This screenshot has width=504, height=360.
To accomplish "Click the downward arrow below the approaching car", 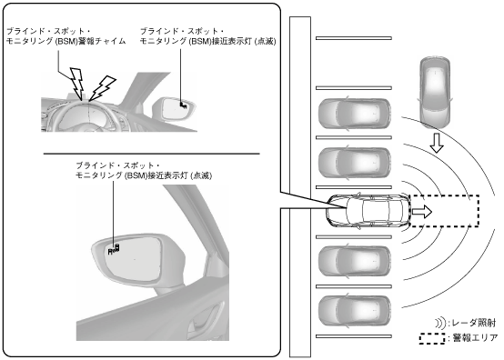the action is click(437, 143).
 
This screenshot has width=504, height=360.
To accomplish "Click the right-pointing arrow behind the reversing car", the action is click(422, 212).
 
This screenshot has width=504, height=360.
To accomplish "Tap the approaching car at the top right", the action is click(435, 93).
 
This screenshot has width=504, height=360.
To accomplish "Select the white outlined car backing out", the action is click(368, 211).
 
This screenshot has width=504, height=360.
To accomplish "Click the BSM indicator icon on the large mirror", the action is click(115, 249).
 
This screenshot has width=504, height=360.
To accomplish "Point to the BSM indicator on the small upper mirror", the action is click(183, 105).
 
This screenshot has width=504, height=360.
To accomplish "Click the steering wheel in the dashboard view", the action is click(87, 116).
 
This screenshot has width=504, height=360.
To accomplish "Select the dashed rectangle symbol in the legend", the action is click(432, 338).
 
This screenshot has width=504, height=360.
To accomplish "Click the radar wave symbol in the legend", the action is click(440, 323).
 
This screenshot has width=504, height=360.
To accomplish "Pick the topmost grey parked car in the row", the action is click(355, 114).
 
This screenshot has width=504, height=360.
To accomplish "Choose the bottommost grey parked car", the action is click(355, 311).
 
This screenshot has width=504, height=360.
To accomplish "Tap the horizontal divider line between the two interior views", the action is click(151, 154).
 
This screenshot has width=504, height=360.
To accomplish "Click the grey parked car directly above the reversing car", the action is click(355, 163).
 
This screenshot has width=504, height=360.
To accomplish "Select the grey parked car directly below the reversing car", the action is click(355, 261).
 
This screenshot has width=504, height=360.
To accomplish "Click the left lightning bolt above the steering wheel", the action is click(77, 83).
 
